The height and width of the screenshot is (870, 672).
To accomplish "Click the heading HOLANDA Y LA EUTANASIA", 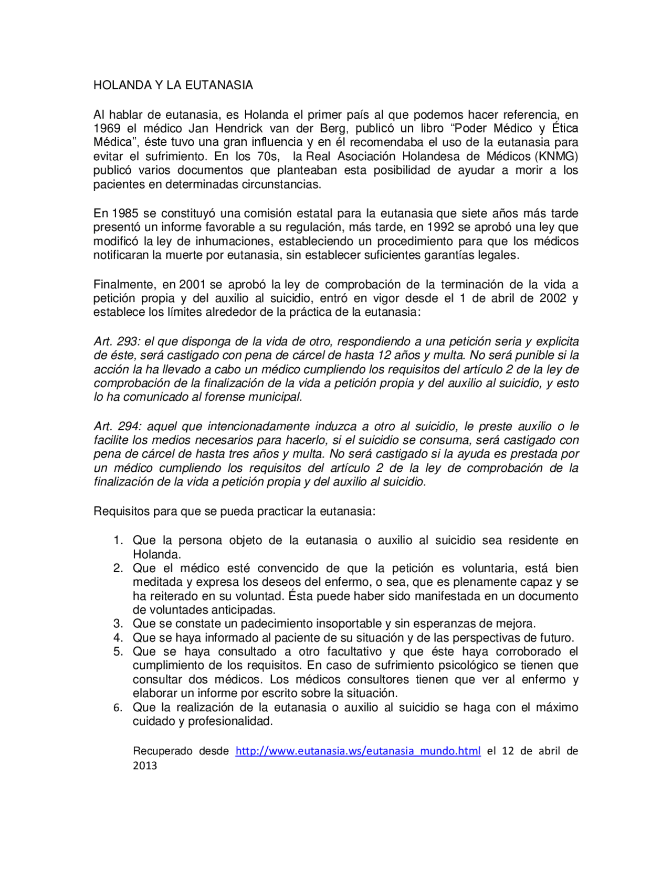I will click(x=173, y=85).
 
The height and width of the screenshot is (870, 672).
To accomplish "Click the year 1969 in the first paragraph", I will click(x=107, y=129).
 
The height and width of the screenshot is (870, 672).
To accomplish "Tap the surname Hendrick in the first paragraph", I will click(x=238, y=129).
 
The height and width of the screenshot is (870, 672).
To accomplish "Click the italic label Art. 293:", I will click(x=117, y=341).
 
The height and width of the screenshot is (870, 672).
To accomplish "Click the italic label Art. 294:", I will click(x=117, y=427).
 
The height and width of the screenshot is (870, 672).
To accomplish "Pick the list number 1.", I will click(x=118, y=541).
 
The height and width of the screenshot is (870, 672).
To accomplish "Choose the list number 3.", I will click(x=118, y=624).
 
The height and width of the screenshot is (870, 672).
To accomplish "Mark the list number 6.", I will click(x=118, y=708).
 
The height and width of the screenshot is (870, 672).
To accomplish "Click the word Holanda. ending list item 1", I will click(x=156, y=555).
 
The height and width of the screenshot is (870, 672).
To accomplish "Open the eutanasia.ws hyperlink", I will click(x=358, y=751).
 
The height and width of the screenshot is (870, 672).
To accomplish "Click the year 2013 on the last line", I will click(x=145, y=765).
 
